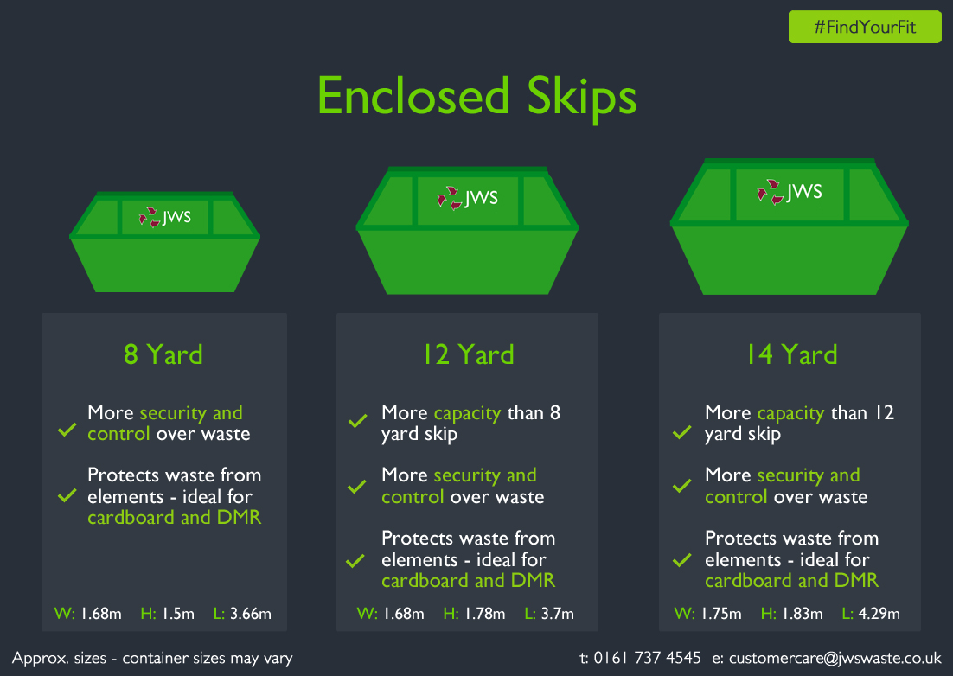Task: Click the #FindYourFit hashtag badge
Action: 865,27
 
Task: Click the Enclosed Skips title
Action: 477,97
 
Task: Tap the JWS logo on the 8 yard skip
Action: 164,217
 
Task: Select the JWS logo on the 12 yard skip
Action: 467,198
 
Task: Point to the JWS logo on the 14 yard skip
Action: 790,192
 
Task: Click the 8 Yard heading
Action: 163,354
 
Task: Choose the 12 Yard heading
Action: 469,354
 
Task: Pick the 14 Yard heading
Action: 792,354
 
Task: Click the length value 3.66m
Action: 251,614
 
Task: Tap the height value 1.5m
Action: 178,614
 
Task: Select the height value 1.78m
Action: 485,614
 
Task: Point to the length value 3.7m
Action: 557,614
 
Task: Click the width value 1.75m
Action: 721,614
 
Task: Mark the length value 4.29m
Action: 879,614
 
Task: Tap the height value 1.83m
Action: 803,614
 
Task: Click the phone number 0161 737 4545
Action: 647,658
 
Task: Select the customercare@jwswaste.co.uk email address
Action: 835,659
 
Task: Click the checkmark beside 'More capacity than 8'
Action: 357,421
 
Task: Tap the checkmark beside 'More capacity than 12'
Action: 682,432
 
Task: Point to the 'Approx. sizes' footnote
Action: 152,659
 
